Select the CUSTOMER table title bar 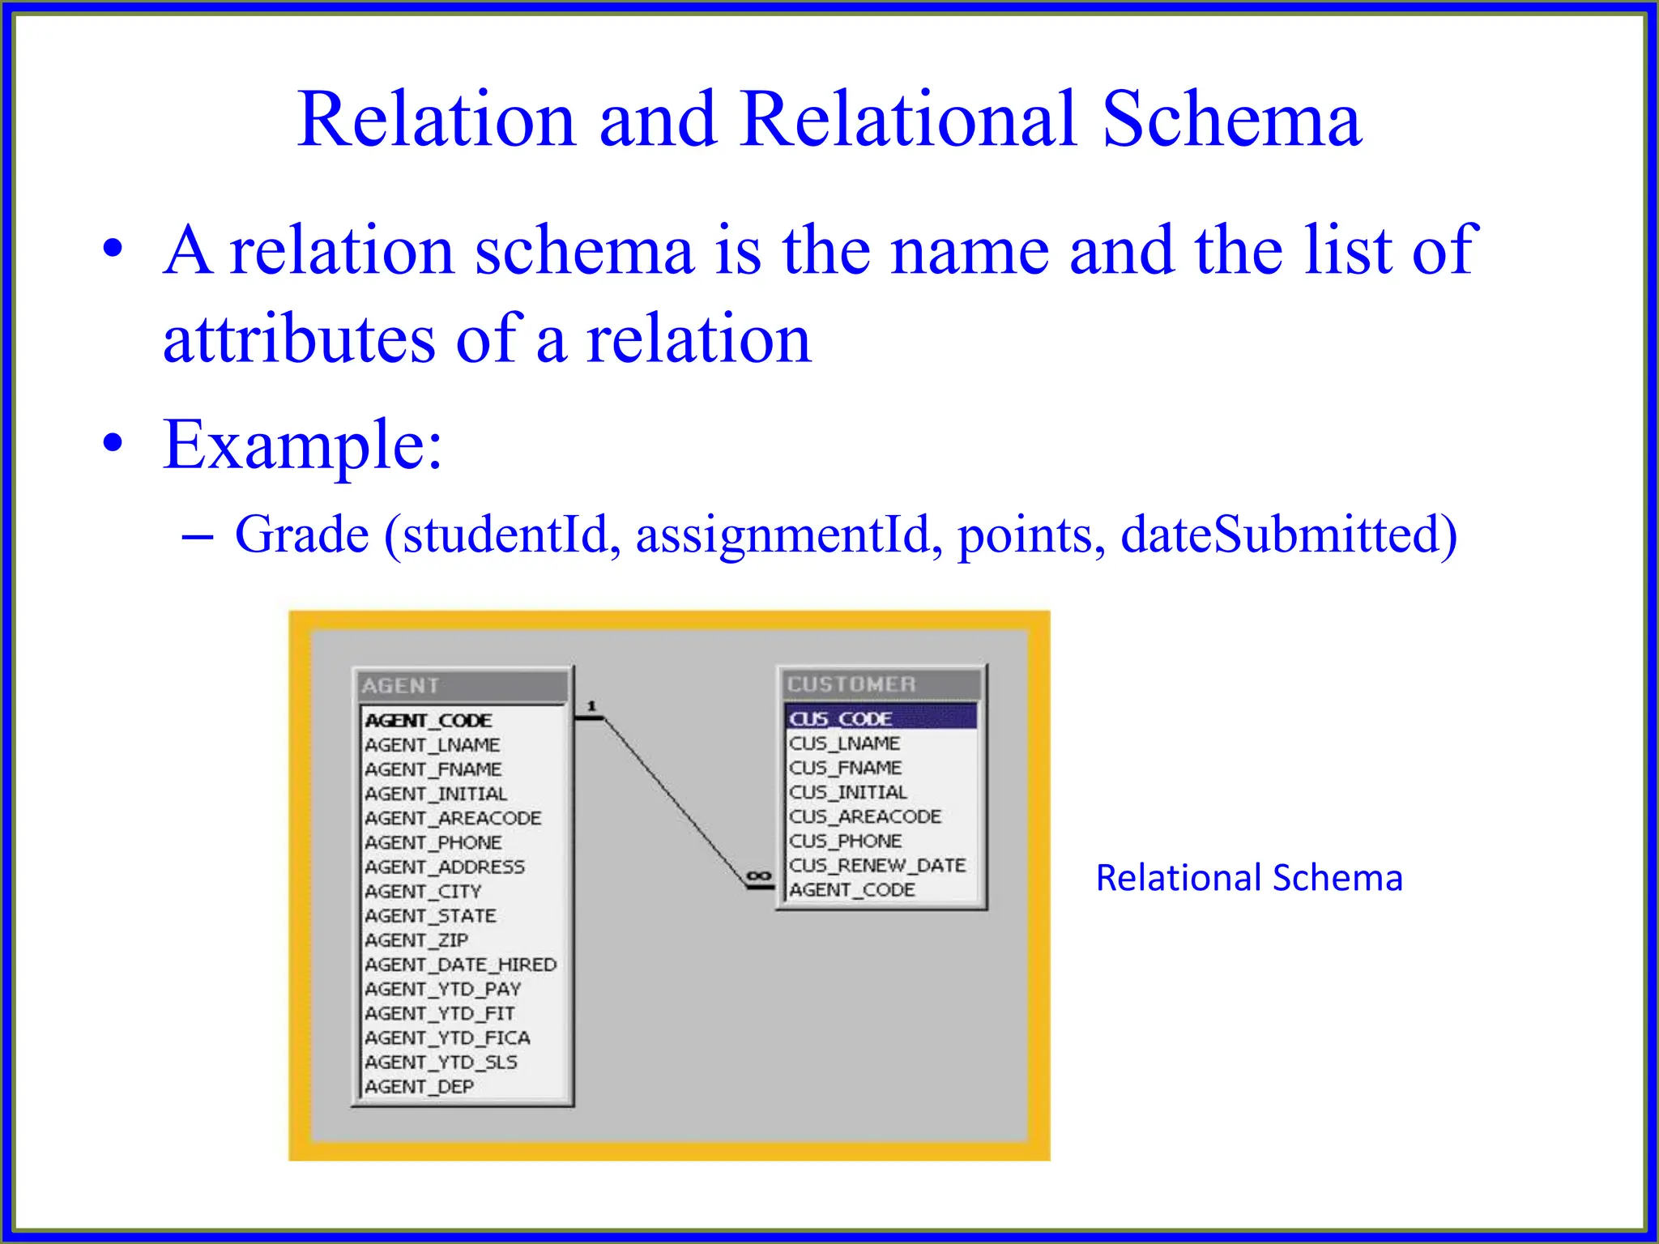tap(880, 684)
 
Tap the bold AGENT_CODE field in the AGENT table tap(429, 720)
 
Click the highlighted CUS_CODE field tap(841, 718)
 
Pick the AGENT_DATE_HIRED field tap(460, 965)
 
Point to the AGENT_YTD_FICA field tap(447, 1037)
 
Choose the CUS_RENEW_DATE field tap(877, 865)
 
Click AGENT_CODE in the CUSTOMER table tap(852, 889)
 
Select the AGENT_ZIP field tap(416, 940)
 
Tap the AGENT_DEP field tap(419, 1086)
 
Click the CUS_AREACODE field tap(865, 816)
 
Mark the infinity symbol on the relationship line tap(758, 876)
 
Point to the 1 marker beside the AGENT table tap(591, 706)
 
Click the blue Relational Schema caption tap(1248, 878)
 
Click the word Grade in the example tap(301, 535)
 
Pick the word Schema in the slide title tap(1231, 119)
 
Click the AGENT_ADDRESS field tap(445, 867)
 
